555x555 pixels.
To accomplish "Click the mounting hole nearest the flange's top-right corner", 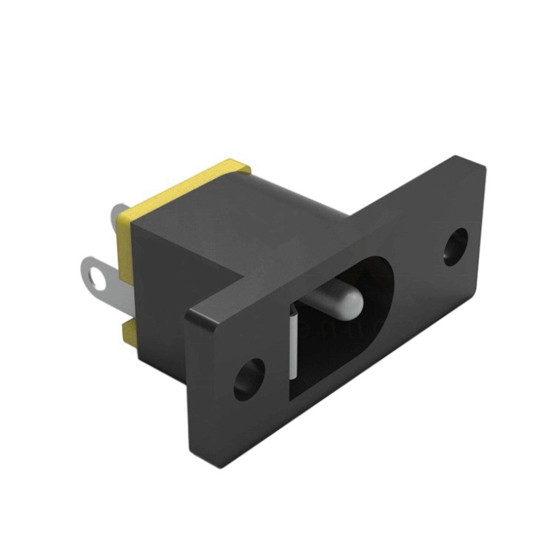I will pos(456,246).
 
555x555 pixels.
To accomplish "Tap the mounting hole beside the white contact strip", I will pos(250,378).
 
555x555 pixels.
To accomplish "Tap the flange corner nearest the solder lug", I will pos(188,314).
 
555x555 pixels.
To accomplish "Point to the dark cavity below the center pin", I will pos(333,348).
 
